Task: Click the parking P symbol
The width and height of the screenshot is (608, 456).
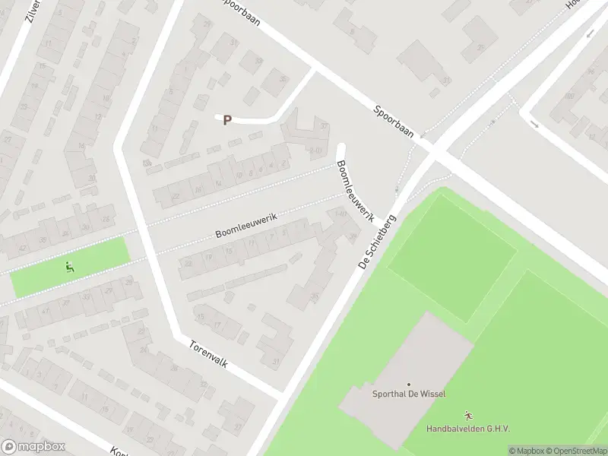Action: pyautogui.click(x=226, y=120)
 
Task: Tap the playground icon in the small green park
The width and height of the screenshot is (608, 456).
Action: pyautogui.click(x=70, y=267)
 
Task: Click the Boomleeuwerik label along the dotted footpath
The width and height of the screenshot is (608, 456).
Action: pyautogui.click(x=246, y=224)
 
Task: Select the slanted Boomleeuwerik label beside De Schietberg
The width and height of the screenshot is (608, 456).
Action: pyautogui.click(x=356, y=190)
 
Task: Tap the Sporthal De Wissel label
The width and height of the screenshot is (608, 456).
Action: pyautogui.click(x=409, y=394)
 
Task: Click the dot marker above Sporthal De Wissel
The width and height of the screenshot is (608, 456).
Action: pyautogui.click(x=409, y=385)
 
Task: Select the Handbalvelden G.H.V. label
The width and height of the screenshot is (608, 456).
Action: pyautogui.click(x=468, y=429)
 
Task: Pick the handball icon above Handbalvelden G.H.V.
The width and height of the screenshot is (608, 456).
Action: pyautogui.click(x=469, y=416)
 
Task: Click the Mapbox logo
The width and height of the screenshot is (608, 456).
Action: pyautogui.click(x=33, y=447)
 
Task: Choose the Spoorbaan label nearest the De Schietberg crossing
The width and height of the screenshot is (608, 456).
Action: pyautogui.click(x=394, y=121)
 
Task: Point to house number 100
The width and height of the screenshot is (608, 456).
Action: pyautogui.click(x=568, y=96)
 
